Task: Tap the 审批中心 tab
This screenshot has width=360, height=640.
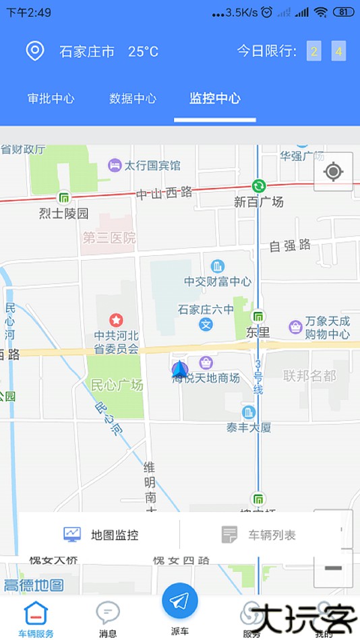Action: click(x=51, y=98)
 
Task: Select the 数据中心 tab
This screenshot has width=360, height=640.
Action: click(x=133, y=98)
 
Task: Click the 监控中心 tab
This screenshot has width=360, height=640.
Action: click(x=215, y=98)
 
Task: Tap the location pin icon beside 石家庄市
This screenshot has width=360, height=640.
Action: click(x=34, y=51)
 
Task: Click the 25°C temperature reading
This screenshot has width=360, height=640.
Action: click(x=143, y=51)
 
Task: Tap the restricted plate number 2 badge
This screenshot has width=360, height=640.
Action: click(x=314, y=51)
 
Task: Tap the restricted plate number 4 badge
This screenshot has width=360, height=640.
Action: click(x=338, y=51)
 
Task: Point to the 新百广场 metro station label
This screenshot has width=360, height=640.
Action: click(x=259, y=201)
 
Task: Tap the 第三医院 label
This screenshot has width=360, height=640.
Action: click(x=109, y=238)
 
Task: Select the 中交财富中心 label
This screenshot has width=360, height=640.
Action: click(x=218, y=282)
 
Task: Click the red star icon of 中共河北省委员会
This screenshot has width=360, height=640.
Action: click(x=116, y=319)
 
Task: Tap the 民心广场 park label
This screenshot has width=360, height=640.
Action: click(x=117, y=385)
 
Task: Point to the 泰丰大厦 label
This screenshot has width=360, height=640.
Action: click(x=248, y=426)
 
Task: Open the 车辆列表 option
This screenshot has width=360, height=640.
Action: click(x=260, y=535)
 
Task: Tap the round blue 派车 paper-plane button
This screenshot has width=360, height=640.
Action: click(x=180, y=600)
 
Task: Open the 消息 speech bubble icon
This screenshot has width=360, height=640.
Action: click(x=108, y=613)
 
